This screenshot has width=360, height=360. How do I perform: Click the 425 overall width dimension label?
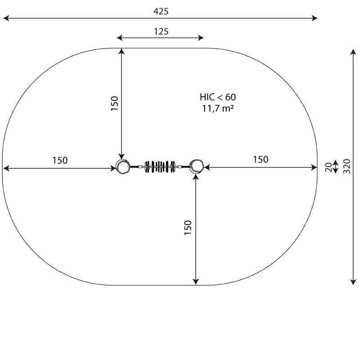pyautogui.click(x=161, y=11)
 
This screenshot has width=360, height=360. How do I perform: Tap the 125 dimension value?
pyautogui.click(x=161, y=31)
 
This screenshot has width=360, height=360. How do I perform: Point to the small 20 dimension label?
pyautogui.click(x=328, y=167)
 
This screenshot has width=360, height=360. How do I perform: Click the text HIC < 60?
pyautogui.click(x=218, y=97)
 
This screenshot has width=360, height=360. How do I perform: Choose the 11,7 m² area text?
pyautogui.click(x=218, y=108)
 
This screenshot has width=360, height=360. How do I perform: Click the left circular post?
pyautogui.click(x=122, y=167)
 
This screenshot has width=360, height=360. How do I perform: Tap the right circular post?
pyautogui.click(x=197, y=166)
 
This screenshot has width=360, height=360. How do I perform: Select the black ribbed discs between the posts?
pyautogui.click(x=160, y=166)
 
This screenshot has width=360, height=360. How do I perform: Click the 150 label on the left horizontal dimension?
pyautogui.click(x=60, y=161)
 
